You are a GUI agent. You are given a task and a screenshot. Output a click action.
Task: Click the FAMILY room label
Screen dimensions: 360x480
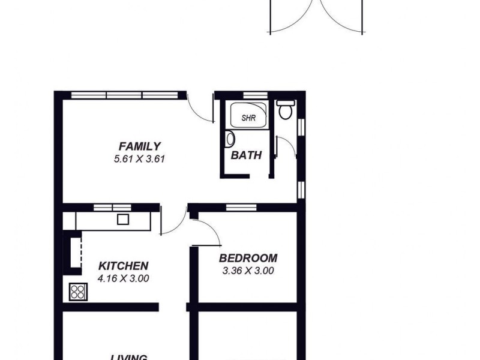click(x=139, y=146)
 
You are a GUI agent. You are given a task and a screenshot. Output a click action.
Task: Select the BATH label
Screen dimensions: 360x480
click(x=247, y=155)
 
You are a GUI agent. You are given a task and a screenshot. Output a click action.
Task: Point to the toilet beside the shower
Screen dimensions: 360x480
click(x=285, y=110)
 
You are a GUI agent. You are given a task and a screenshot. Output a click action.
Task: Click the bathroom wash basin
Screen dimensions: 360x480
click(x=229, y=139)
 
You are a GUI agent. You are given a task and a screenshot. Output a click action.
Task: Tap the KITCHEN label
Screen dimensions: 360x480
click(x=124, y=266)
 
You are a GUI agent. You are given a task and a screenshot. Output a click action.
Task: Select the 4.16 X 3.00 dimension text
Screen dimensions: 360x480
click(x=124, y=278)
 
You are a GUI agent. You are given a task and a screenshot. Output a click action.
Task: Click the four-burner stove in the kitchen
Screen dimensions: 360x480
click(x=78, y=292)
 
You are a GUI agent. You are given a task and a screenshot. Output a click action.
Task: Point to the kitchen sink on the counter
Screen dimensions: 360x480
click(x=123, y=219)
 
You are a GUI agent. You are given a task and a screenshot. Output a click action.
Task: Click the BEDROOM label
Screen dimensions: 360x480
click(x=248, y=258)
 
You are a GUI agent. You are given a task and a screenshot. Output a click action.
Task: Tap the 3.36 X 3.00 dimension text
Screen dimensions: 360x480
click(x=248, y=271)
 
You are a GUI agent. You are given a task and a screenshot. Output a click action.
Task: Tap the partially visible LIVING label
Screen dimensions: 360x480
click(x=130, y=357)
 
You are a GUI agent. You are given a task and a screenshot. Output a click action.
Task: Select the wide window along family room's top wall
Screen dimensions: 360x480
click(x=125, y=95)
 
